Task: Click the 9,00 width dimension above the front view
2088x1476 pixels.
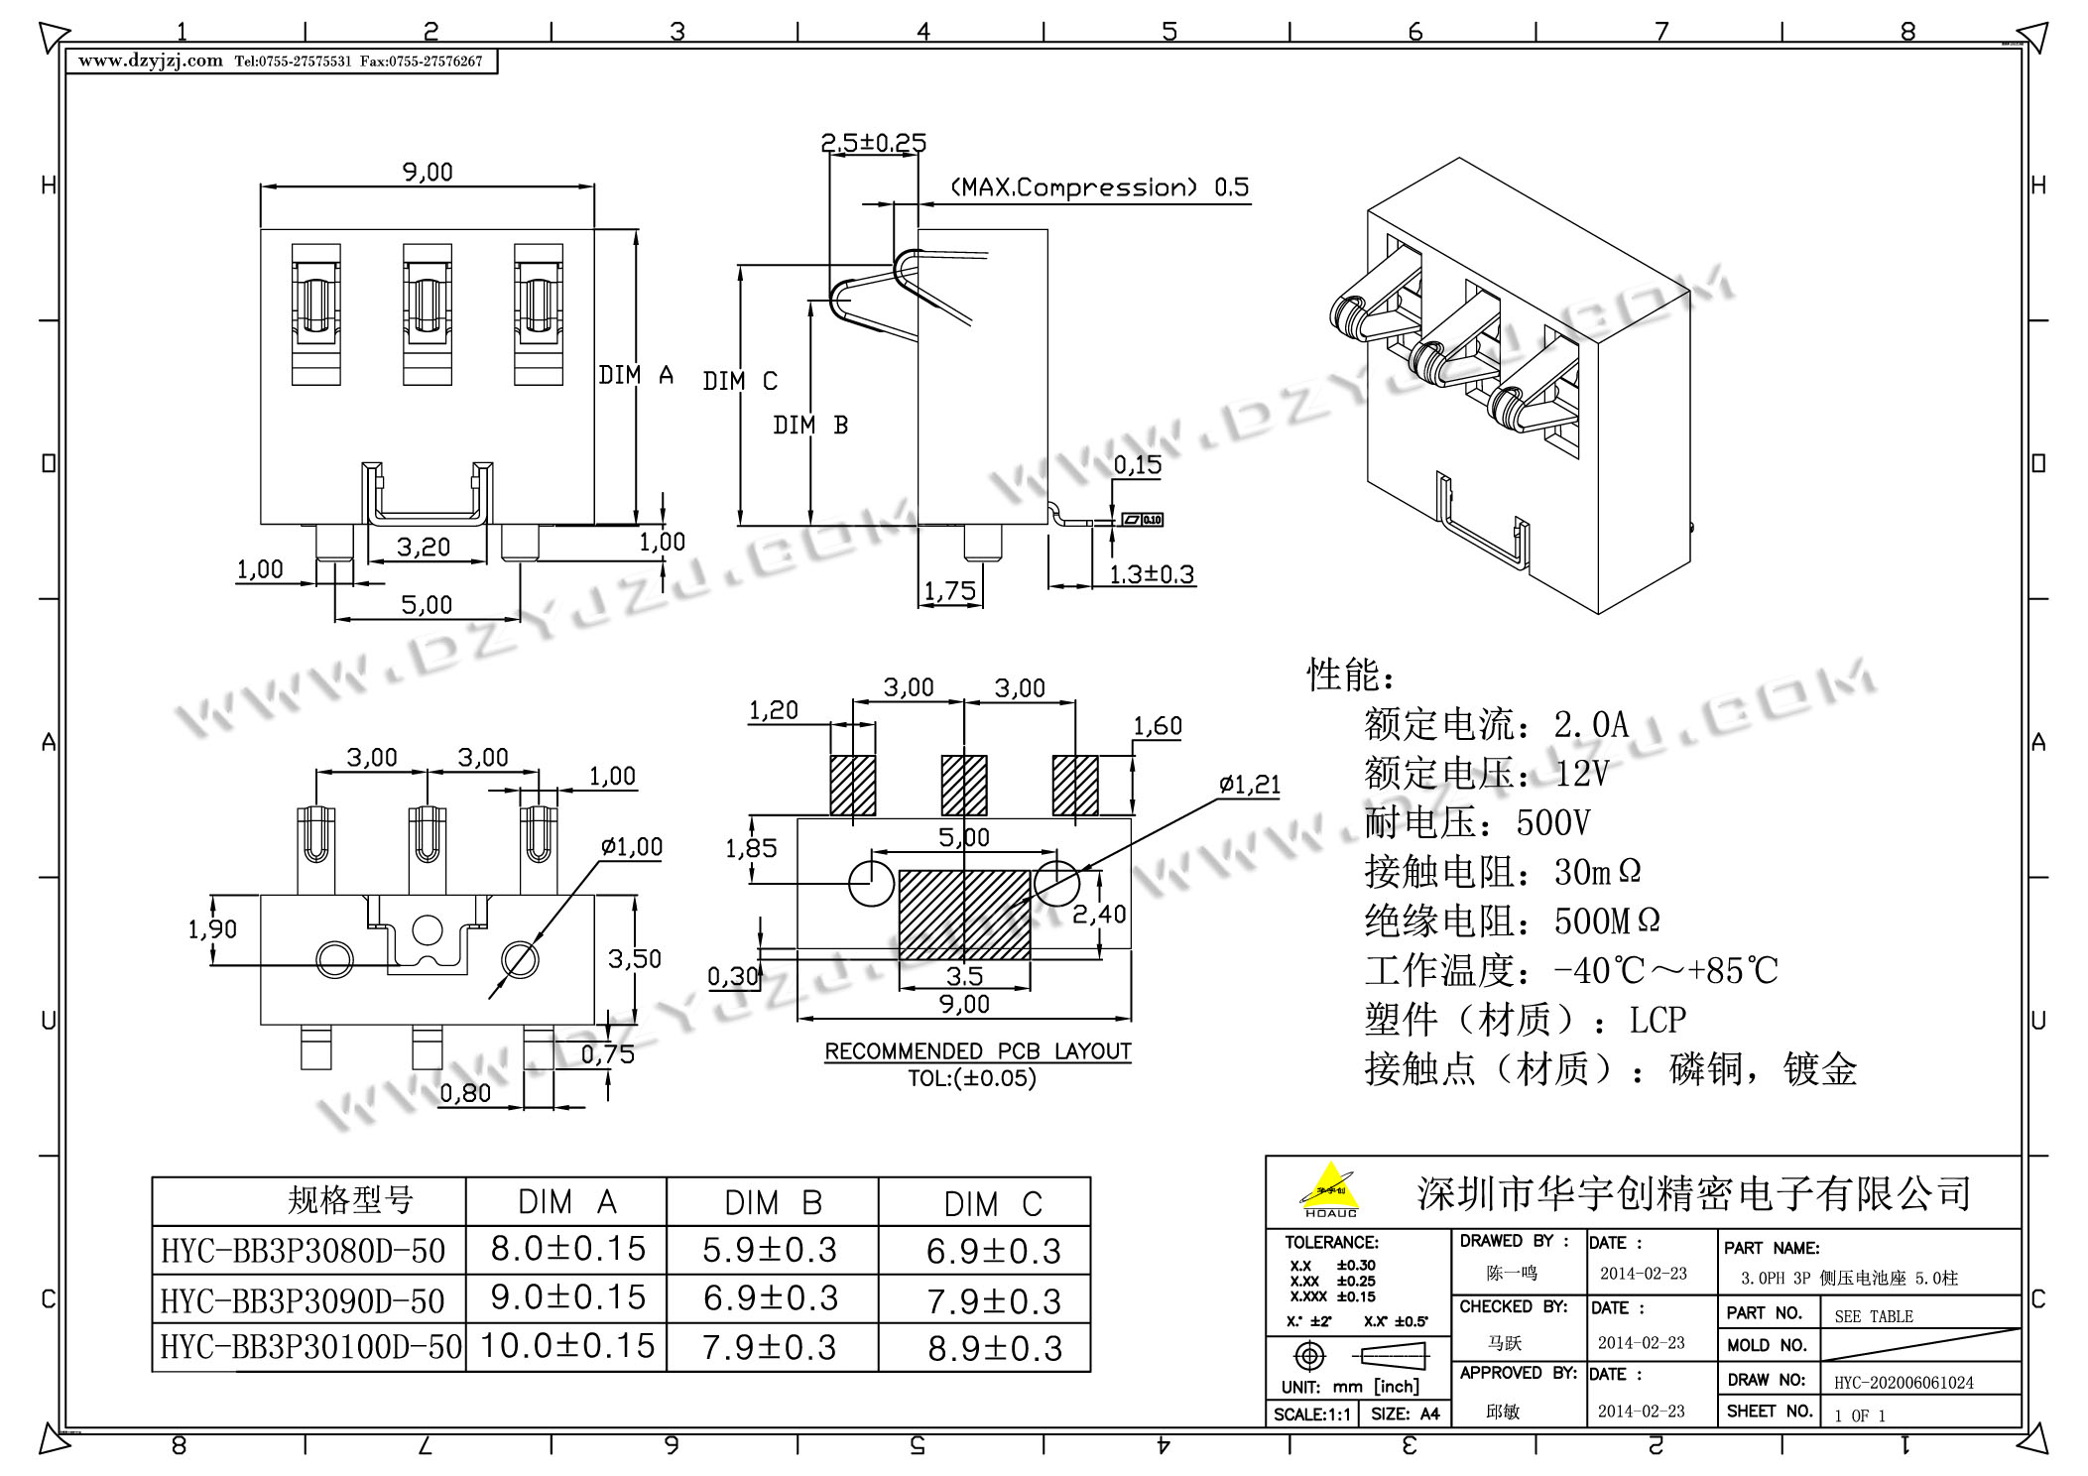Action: tap(428, 172)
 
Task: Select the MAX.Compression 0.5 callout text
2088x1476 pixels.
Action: tap(1099, 187)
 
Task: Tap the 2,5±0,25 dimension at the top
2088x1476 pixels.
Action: tap(873, 143)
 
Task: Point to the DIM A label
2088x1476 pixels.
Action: tap(636, 375)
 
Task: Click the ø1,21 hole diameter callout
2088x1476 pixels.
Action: tap(1250, 785)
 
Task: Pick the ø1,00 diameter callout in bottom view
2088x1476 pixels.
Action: tap(631, 846)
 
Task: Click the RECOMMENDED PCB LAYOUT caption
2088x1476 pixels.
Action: tap(977, 1051)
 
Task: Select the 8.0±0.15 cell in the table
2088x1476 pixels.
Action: tap(567, 1249)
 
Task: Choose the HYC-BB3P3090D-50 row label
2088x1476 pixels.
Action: tap(303, 1300)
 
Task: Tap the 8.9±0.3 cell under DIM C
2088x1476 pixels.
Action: tap(995, 1348)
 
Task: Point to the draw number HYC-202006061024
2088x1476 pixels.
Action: tap(1904, 1382)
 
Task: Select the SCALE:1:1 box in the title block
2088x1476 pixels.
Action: tap(1311, 1414)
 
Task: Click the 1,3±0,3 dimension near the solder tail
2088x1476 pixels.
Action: tap(1151, 574)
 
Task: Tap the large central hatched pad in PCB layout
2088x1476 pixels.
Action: tap(964, 915)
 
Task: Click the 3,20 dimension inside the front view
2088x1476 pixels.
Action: tap(424, 547)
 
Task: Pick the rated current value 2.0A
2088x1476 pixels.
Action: tap(1591, 725)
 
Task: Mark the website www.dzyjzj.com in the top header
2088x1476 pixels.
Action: tap(151, 61)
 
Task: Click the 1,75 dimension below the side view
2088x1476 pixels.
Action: tap(949, 591)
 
